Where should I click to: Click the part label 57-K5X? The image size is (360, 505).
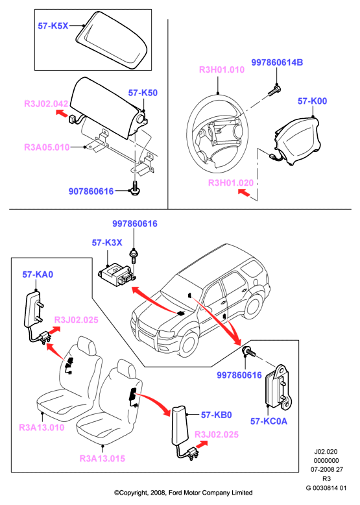[53, 26]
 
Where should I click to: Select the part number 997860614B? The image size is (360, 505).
[277, 62]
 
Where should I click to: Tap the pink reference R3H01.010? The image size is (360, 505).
[222, 70]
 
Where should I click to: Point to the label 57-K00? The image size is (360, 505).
[312, 101]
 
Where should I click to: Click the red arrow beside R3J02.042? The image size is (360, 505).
[62, 114]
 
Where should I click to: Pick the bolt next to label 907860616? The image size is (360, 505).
[134, 189]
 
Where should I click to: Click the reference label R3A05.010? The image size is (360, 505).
[47, 147]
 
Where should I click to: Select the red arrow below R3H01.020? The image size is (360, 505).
[244, 193]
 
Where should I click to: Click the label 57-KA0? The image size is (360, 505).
[38, 275]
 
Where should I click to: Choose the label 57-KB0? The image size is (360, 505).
[217, 415]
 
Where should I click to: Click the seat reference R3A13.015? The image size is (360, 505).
[102, 458]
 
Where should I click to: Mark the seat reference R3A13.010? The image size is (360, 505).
[42, 428]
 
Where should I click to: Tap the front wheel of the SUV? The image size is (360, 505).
[188, 344]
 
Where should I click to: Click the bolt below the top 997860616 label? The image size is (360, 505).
[132, 257]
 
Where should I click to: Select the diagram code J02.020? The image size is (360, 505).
[326, 452]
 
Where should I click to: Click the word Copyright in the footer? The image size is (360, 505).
[130, 493]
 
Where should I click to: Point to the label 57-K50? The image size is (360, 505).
[143, 93]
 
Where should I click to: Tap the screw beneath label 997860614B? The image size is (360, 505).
[274, 90]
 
